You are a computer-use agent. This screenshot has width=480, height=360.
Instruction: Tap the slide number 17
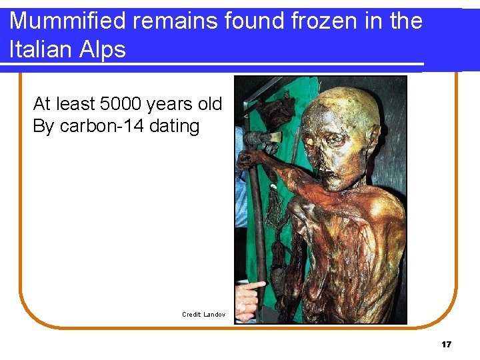click(x=446, y=345)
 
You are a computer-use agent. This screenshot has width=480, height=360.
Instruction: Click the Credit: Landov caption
click(x=203, y=314)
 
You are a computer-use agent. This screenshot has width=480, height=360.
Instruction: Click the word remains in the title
click(x=175, y=21)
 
